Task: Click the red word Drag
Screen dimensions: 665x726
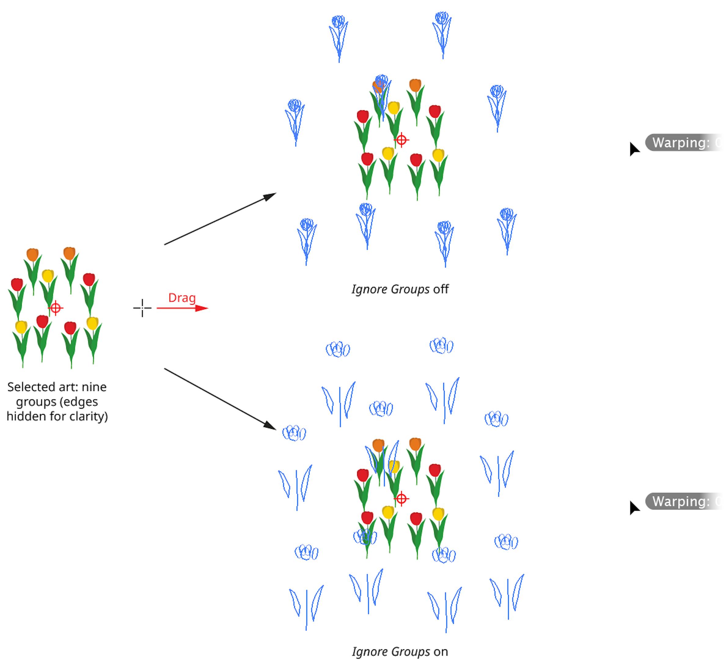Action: (182, 298)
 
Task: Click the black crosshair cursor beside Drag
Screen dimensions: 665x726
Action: (142, 308)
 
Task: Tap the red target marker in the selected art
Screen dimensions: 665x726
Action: (56, 308)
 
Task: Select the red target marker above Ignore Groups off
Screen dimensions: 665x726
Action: (401, 140)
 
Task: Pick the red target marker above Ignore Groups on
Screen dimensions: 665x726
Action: (401, 498)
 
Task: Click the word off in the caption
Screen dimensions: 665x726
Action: (441, 289)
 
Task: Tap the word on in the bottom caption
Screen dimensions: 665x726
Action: (440, 651)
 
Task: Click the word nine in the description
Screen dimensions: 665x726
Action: (94, 387)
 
